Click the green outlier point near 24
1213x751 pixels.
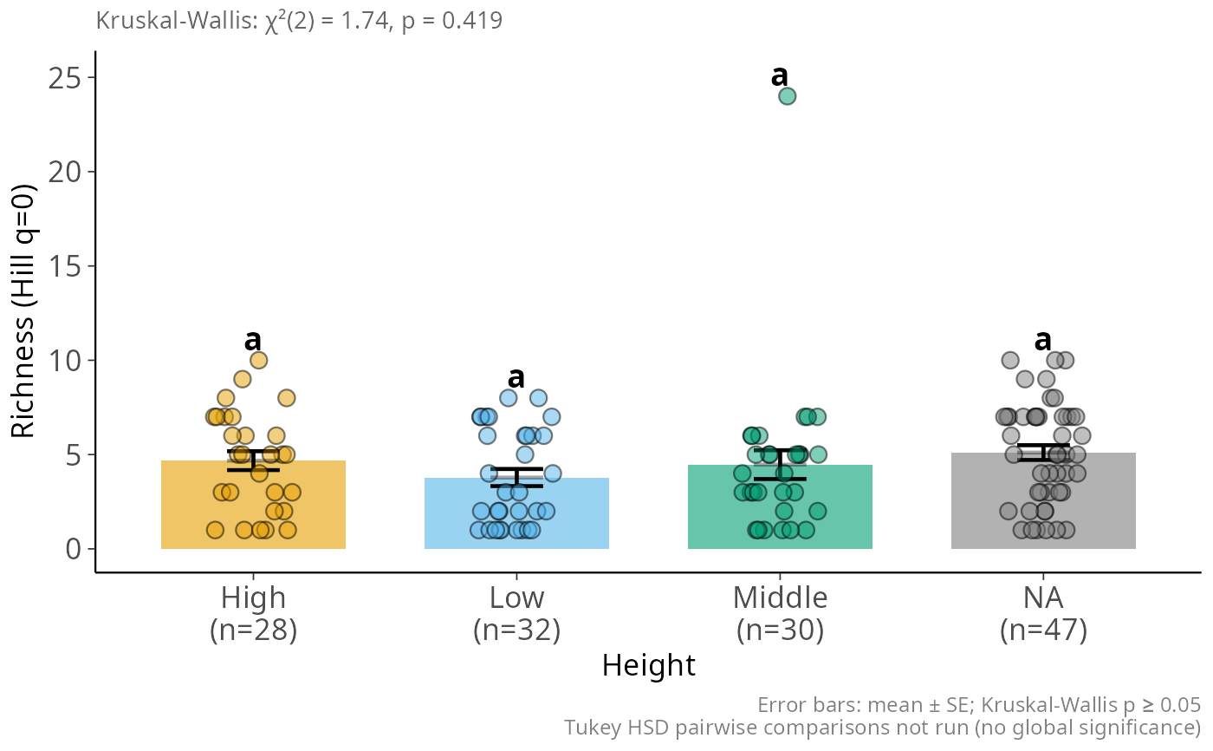(x=787, y=96)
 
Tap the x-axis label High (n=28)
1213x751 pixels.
(x=253, y=614)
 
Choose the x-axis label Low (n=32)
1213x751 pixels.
(x=516, y=614)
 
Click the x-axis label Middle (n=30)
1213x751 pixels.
(x=780, y=614)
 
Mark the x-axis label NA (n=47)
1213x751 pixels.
(x=1043, y=614)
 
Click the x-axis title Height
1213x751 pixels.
(x=648, y=666)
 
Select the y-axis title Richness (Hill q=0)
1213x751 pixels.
(x=23, y=310)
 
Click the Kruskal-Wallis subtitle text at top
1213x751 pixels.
(x=299, y=20)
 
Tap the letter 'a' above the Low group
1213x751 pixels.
(x=516, y=378)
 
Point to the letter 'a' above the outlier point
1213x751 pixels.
(x=780, y=76)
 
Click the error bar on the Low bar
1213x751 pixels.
(x=516, y=477)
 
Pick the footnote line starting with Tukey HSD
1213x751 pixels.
(x=882, y=727)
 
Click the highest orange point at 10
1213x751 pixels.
(x=258, y=360)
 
